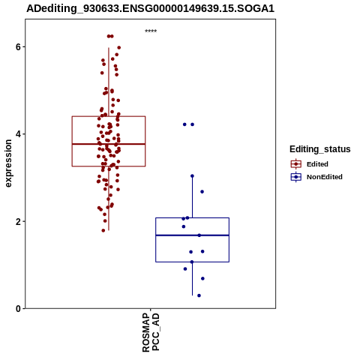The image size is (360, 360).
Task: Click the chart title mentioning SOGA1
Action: coord(151,8)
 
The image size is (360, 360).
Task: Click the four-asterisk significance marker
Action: coord(151,31)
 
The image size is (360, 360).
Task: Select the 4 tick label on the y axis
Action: coord(18,134)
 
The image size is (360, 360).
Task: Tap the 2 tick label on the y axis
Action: coord(18,221)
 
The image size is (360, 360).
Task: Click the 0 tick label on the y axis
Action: coord(18,309)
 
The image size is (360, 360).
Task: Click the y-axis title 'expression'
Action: coord(8,163)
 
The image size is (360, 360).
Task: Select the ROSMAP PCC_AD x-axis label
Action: coord(151,332)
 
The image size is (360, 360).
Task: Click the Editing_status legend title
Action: coord(320,149)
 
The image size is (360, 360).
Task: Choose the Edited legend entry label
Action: coord(317,164)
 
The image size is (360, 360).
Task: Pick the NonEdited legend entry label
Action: coord(325,177)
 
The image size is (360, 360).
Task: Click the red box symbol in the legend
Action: coord(296,164)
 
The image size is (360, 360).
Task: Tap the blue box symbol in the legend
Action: coord(296,177)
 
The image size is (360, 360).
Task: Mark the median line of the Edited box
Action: coord(109,144)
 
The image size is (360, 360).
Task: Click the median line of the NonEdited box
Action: coord(192,235)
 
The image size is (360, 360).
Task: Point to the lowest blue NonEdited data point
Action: coord(199,295)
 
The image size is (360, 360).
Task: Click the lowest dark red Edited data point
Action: coord(103,230)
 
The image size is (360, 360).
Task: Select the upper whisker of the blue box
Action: coord(192,197)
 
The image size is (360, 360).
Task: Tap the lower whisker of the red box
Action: coord(109,198)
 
